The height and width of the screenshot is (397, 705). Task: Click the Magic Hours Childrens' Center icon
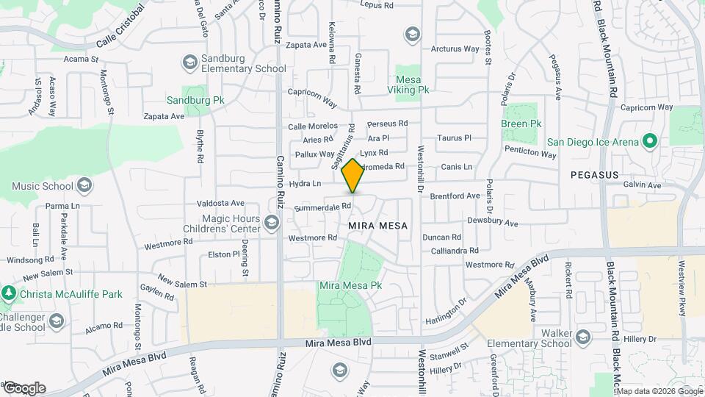272,221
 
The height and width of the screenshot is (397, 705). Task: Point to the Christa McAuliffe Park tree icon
9,293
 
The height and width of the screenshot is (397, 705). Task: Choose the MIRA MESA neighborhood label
379,225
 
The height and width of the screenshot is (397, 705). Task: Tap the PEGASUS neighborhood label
595,176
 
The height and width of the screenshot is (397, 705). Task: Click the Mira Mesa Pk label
351,285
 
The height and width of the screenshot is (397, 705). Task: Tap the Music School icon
84,185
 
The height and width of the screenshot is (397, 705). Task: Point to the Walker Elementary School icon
583,337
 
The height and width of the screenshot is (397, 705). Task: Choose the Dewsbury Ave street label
493,222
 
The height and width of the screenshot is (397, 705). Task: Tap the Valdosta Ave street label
220,203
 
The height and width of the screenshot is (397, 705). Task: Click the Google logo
24,388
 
